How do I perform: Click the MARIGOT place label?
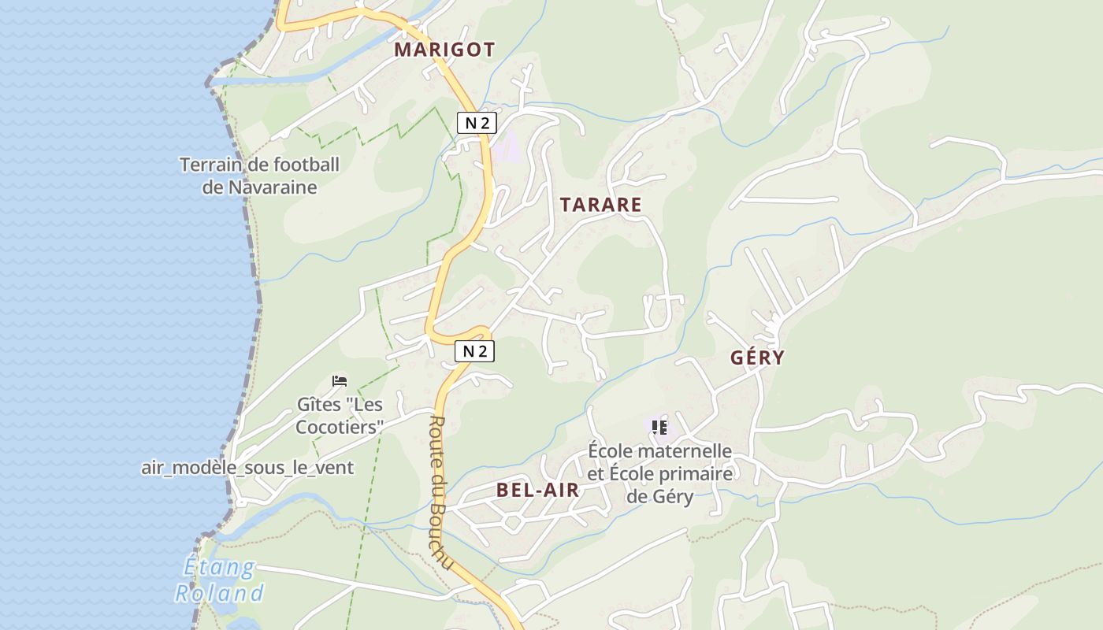point(444,50)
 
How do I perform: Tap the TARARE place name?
point(600,205)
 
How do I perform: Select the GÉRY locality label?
point(757,358)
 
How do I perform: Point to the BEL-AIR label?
point(537,490)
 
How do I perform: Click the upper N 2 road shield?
point(477,122)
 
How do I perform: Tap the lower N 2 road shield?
point(474,350)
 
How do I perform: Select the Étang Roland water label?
point(219,580)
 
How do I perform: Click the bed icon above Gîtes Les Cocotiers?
point(340,381)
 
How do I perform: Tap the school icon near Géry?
point(659,428)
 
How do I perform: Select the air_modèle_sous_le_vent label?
point(247,468)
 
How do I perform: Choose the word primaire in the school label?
point(696,474)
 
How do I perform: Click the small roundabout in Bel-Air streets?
point(512,521)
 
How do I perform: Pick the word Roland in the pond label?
point(219,594)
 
